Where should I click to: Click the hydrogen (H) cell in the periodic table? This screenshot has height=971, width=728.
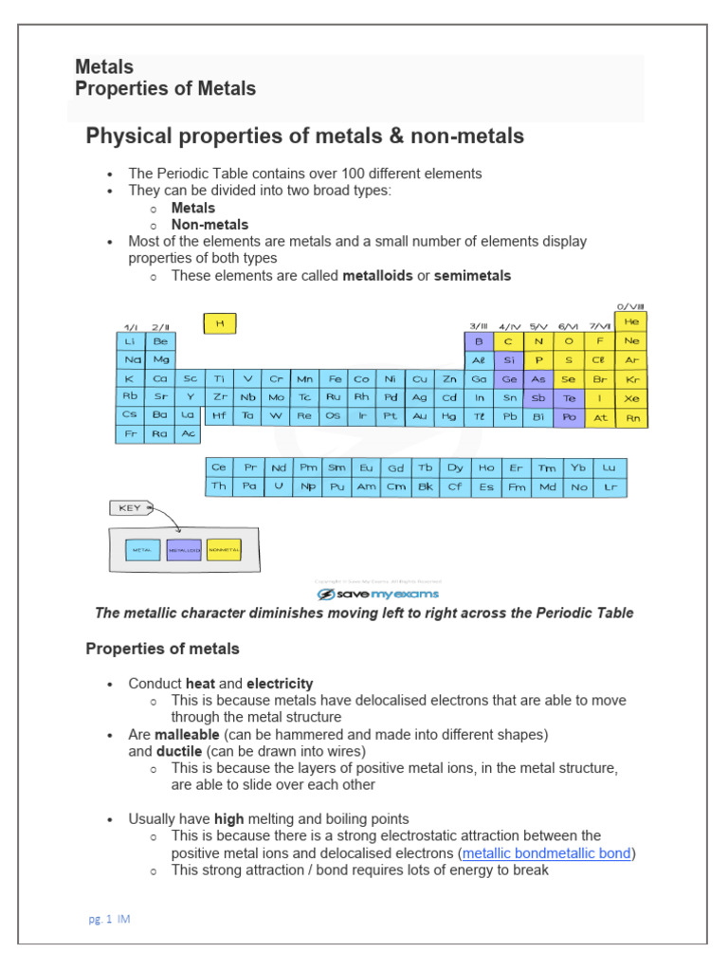coord(220,323)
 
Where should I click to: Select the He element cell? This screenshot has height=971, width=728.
coord(631,322)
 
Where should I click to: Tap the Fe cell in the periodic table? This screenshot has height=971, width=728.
coord(335,378)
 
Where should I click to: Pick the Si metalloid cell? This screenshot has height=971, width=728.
coord(510,360)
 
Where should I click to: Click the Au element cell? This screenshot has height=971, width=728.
coord(420,415)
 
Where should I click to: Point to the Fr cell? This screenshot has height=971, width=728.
coord(131,433)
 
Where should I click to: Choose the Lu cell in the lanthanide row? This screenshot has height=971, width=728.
coord(610,468)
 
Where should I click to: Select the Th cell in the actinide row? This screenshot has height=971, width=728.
coord(219,486)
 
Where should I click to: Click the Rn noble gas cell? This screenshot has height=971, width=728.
coord(631,416)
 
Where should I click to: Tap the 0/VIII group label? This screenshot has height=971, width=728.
coord(630,306)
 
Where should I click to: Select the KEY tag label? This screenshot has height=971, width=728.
coord(130,508)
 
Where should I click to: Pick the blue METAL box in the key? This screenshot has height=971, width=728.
coord(142,550)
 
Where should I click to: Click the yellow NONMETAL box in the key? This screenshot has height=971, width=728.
coord(224,550)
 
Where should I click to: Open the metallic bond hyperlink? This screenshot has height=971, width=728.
coord(546,853)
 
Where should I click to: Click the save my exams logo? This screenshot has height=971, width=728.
coord(377,595)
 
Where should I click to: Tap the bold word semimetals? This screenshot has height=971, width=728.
coord(472,276)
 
